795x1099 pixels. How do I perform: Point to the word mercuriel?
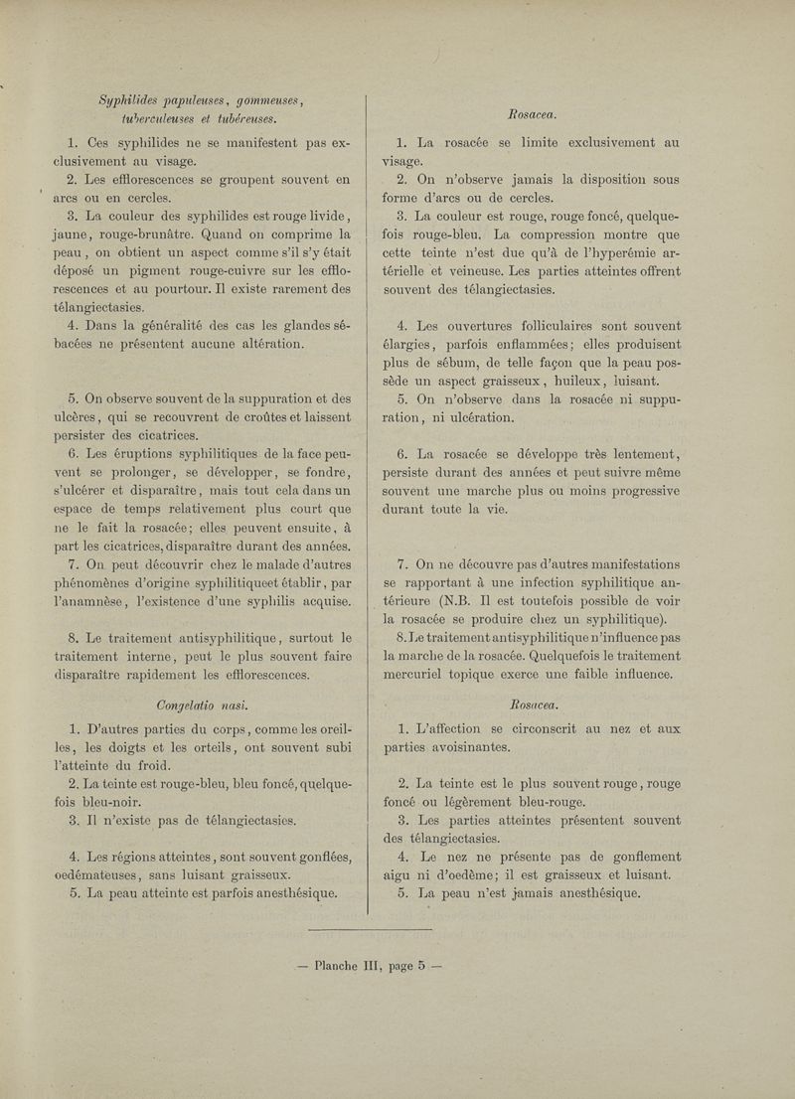tap(432, 677)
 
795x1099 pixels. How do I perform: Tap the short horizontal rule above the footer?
tap(372, 929)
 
